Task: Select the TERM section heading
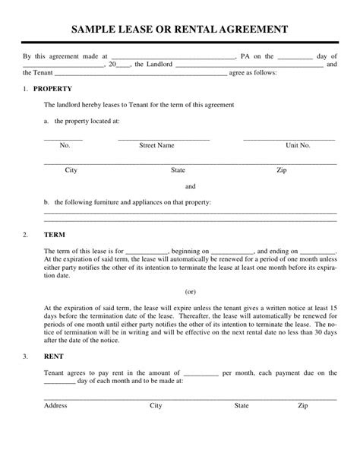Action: click(x=55, y=234)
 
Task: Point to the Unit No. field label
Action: click(x=298, y=144)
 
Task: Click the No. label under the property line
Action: click(x=65, y=144)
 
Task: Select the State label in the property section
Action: click(x=178, y=170)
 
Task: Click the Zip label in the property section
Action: click(x=282, y=170)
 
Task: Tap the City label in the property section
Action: click(x=71, y=170)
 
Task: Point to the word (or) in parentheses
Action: click(x=191, y=290)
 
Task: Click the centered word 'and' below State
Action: click(x=191, y=186)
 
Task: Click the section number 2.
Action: click(x=25, y=234)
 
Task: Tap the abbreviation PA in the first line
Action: click(x=246, y=56)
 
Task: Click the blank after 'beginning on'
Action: click(x=232, y=251)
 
